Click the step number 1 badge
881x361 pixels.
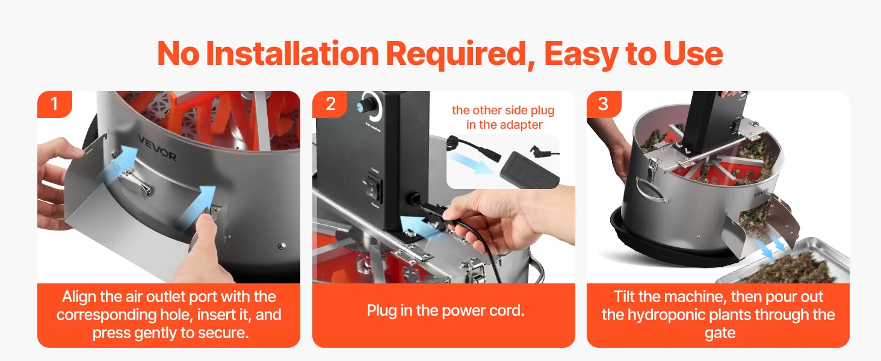pos(55,104)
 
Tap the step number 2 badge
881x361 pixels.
pos(330,104)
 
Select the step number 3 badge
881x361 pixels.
pos(604,104)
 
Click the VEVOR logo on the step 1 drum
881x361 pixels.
pos(157,147)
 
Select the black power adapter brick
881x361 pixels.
pos(529,170)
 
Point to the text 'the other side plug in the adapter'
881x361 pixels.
pos(504,117)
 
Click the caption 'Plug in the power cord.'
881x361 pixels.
pos(445,310)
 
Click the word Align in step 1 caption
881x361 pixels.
pos(79,297)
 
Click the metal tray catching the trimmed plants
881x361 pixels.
pos(783,262)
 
